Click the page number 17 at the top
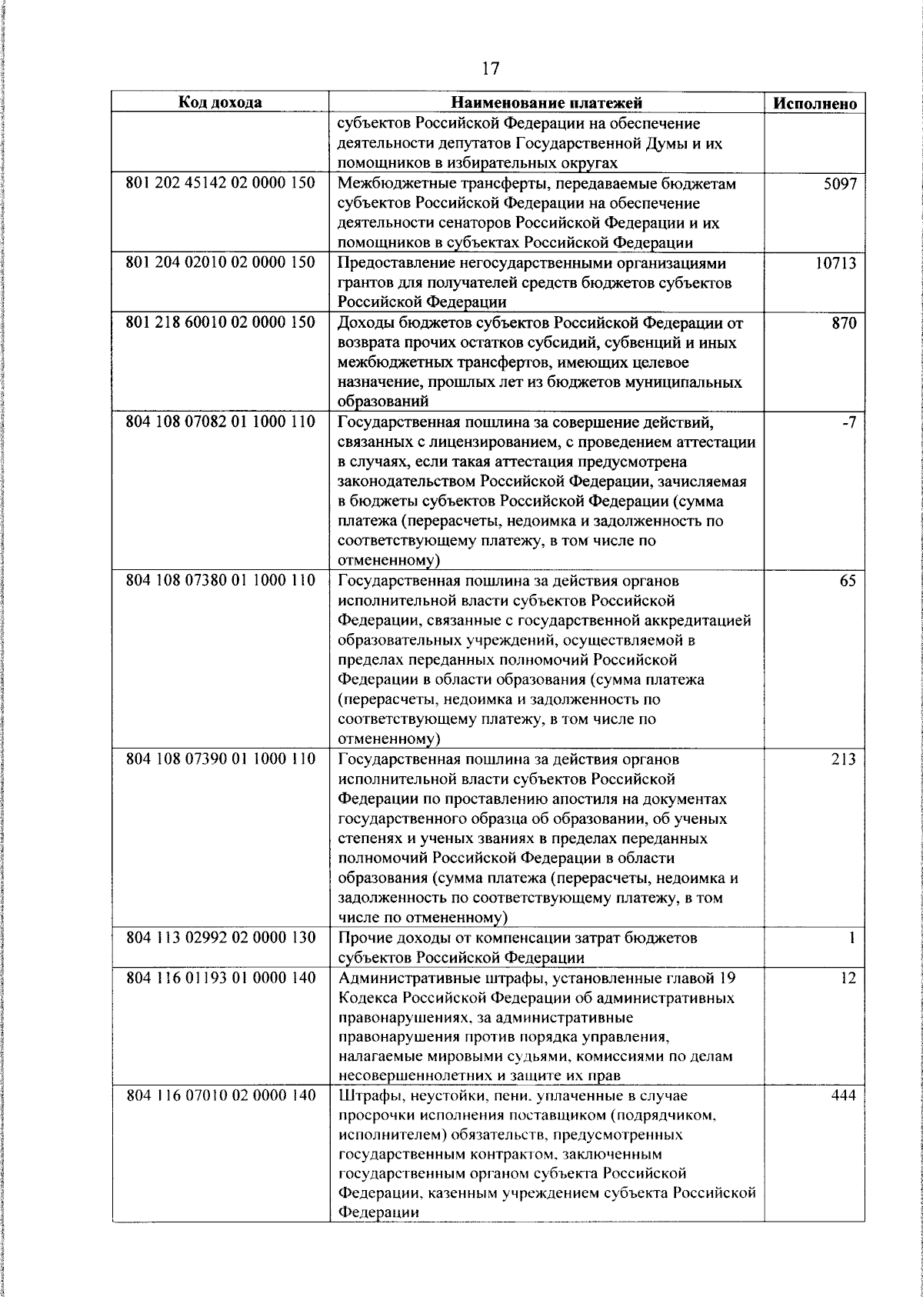tap(490, 69)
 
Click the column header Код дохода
tap(220, 102)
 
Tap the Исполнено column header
tap(815, 103)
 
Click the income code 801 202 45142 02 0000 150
tap(220, 184)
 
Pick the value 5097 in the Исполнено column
tap(839, 184)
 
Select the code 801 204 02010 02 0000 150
tap(220, 263)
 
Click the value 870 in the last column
tap(844, 323)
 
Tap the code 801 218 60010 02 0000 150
tap(220, 322)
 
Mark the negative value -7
tap(848, 422)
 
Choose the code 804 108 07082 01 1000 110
tap(220, 422)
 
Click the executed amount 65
tap(847, 581)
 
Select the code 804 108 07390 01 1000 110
tap(220, 759)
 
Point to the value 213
tap(844, 759)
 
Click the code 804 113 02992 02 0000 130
tap(220, 938)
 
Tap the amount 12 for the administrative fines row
tap(848, 978)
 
